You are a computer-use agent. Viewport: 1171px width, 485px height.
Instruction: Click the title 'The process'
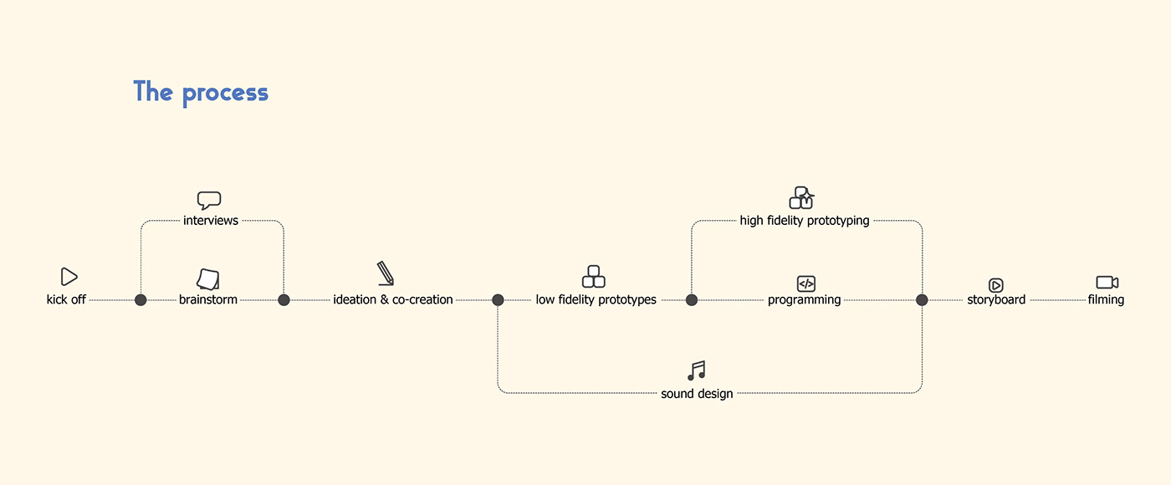point(201,92)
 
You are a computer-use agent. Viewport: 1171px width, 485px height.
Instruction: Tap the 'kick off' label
point(66,299)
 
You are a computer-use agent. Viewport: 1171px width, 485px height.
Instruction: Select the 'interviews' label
point(211,221)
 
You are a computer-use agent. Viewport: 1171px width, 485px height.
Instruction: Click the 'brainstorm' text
point(208,299)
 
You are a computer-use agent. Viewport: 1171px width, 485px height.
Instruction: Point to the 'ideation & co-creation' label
point(393,299)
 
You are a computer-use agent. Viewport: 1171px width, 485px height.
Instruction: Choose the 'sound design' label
point(697,393)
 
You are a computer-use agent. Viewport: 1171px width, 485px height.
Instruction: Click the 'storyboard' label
point(996,299)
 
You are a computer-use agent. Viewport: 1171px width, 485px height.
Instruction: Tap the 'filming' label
point(1106,299)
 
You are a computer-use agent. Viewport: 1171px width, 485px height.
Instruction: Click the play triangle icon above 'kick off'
point(69,277)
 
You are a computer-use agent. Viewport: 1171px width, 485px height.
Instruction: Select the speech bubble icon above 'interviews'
point(209,201)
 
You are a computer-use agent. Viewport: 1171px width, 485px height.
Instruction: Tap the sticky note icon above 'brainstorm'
point(208,278)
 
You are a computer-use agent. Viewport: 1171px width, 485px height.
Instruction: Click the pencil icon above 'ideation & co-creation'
point(386,273)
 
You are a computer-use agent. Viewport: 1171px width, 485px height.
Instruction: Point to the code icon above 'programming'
point(805,283)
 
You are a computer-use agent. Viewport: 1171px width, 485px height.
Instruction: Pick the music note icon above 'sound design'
point(697,370)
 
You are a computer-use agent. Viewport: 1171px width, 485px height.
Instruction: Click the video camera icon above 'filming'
point(1107,283)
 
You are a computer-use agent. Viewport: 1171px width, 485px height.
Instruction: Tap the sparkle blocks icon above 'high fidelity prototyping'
point(801,198)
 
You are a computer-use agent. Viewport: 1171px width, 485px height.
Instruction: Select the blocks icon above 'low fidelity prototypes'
point(594,276)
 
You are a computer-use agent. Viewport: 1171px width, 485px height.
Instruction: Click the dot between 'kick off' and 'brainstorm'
point(141,299)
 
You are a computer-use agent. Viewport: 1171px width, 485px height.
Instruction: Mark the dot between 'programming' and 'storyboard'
point(922,299)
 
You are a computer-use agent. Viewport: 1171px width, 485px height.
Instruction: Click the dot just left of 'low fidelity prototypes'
point(498,299)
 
